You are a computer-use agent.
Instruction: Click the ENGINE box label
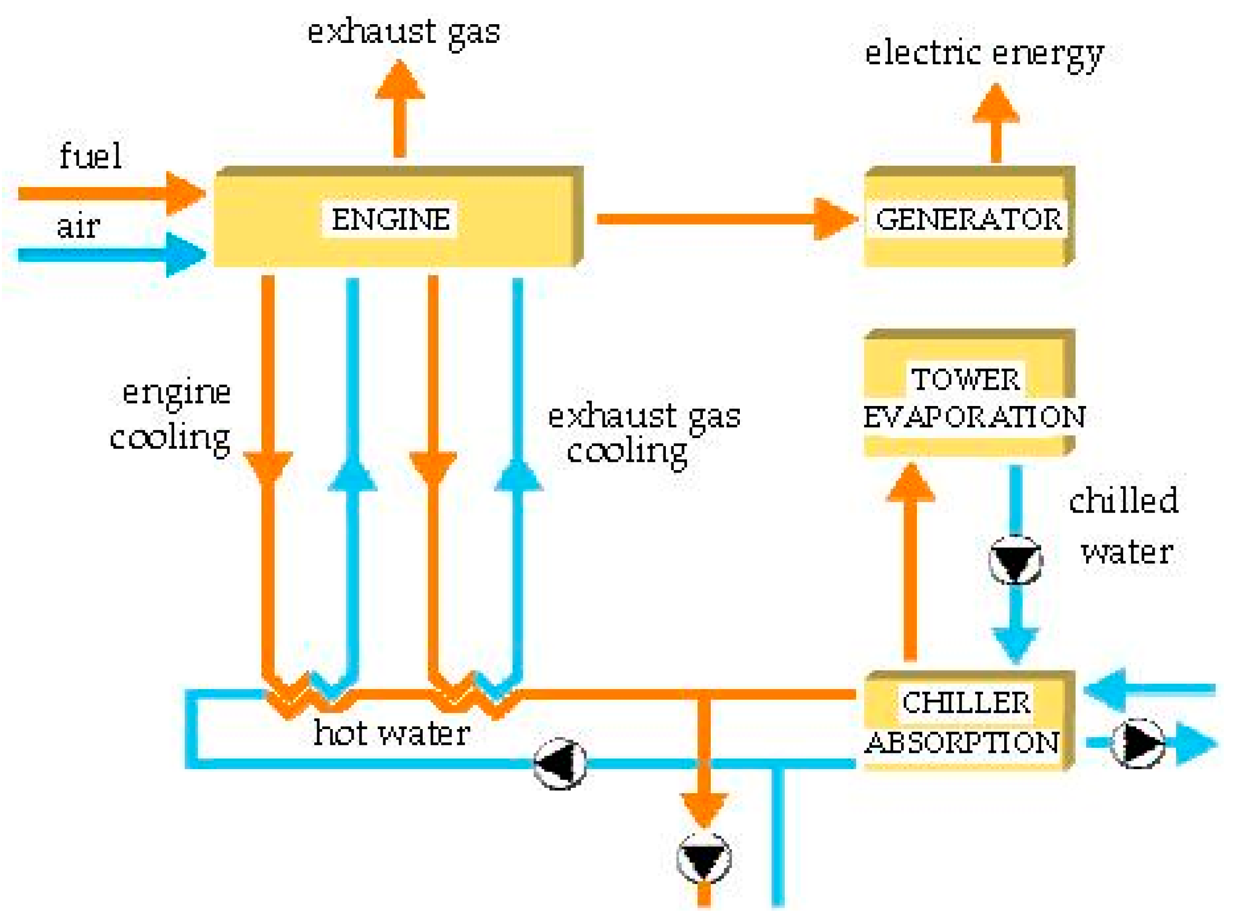[x=391, y=219]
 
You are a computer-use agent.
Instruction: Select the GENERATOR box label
[x=968, y=219]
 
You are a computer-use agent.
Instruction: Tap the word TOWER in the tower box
[x=965, y=379]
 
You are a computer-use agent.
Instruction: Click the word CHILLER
[x=966, y=702]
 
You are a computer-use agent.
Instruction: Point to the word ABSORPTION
[x=961, y=743]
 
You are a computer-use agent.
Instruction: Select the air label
[x=78, y=227]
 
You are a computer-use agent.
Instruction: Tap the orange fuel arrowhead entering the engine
[x=185, y=193]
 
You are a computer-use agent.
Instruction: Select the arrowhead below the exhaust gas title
[x=400, y=80]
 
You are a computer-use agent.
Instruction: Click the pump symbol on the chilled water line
[x=1015, y=559]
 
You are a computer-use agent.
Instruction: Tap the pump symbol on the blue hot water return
[x=559, y=763]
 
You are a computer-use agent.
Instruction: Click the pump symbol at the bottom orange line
[x=703, y=858]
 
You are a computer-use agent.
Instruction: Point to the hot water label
[x=391, y=734]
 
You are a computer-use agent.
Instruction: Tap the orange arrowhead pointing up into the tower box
[x=910, y=484]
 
